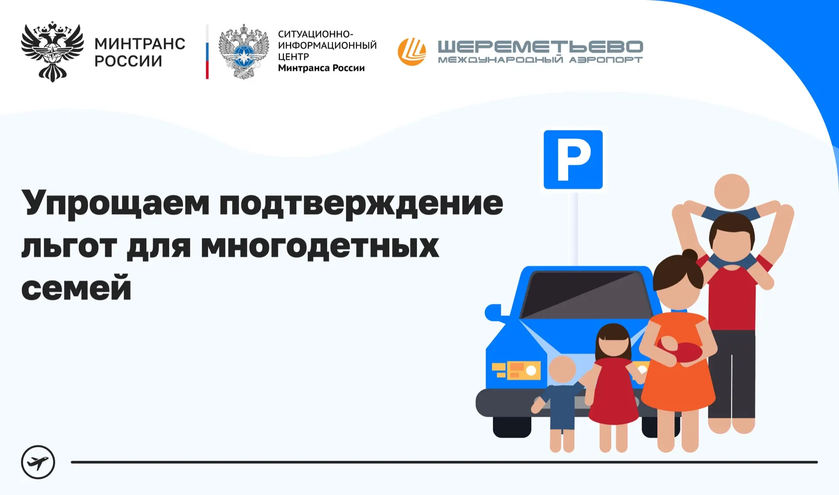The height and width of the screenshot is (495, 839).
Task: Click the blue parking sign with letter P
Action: click(x=573, y=160)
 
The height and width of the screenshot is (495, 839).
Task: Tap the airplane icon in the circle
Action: click(x=38, y=462)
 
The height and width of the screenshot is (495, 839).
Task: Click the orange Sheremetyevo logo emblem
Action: click(x=412, y=52)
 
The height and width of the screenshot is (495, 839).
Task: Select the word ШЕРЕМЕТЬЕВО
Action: click(x=540, y=46)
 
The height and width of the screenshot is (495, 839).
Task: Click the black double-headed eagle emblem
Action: click(x=52, y=52)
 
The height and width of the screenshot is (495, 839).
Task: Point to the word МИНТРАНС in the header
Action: click(x=140, y=44)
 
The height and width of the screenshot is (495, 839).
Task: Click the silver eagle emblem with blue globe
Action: click(x=243, y=52)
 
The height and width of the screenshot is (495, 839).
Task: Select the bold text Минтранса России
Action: click(x=321, y=68)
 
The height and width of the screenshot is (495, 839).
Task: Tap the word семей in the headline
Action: click(x=76, y=288)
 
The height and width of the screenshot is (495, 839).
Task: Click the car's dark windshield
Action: click(x=583, y=294)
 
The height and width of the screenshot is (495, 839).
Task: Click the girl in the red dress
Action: click(x=613, y=385)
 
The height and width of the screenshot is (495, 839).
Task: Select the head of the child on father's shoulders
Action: click(x=732, y=191)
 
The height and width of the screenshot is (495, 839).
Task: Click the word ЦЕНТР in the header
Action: click(x=293, y=57)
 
